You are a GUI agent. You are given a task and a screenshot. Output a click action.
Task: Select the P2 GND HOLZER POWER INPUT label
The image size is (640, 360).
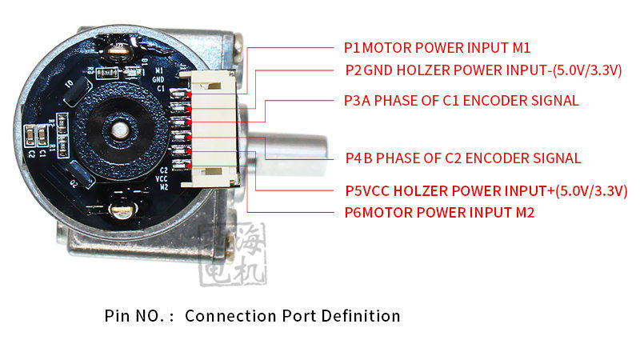click(483, 70)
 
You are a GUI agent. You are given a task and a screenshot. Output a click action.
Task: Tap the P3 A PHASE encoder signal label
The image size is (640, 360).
click(461, 101)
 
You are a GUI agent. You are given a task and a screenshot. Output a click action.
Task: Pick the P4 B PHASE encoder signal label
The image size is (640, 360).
click(462, 158)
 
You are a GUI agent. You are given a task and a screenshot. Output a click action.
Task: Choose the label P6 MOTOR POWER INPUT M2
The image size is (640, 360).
click(439, 213)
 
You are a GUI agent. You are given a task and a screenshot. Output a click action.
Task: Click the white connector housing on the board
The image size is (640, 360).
click(210, 128)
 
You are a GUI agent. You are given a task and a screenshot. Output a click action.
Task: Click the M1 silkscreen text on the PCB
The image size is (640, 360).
click(158, 71)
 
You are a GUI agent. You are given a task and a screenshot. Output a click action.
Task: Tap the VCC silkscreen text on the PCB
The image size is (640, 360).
click(163, 178)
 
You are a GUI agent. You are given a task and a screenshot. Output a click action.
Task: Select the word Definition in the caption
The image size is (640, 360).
click(360, 315)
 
